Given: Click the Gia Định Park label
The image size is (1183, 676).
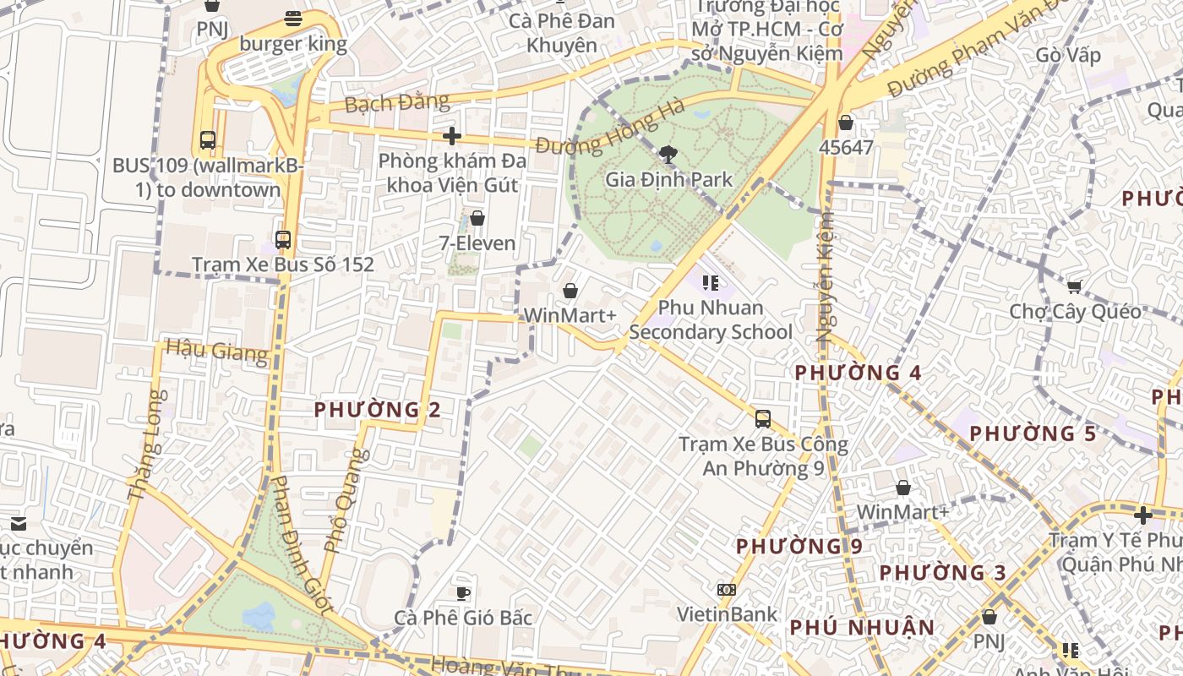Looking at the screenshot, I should (669, 179).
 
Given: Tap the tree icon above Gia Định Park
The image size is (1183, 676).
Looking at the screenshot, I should (668, 154).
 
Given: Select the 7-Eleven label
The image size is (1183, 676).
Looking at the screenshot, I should (477, 243).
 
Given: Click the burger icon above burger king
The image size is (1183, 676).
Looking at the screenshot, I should (293, 19).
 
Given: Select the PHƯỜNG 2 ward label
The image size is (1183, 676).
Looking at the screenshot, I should (378, 410).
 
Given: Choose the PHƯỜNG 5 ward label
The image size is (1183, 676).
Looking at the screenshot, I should (1033, 433).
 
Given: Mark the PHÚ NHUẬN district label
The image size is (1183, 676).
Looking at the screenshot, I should (862, 628).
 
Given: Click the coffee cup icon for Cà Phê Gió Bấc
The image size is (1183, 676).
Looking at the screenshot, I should (463, 592).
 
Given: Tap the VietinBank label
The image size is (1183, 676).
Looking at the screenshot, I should (727, 614).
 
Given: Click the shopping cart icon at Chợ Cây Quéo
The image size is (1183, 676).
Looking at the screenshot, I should (1074, 287).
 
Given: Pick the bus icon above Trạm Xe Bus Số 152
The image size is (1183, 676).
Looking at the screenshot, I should (283, 240).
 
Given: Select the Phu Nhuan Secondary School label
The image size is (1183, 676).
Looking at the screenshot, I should (711, 319).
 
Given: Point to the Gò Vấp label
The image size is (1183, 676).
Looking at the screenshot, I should (1068, 56).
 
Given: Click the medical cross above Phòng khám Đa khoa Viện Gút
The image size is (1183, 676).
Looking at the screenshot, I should (452, 135).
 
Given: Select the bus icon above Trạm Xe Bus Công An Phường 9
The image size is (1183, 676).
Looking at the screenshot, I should (763, 419).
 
